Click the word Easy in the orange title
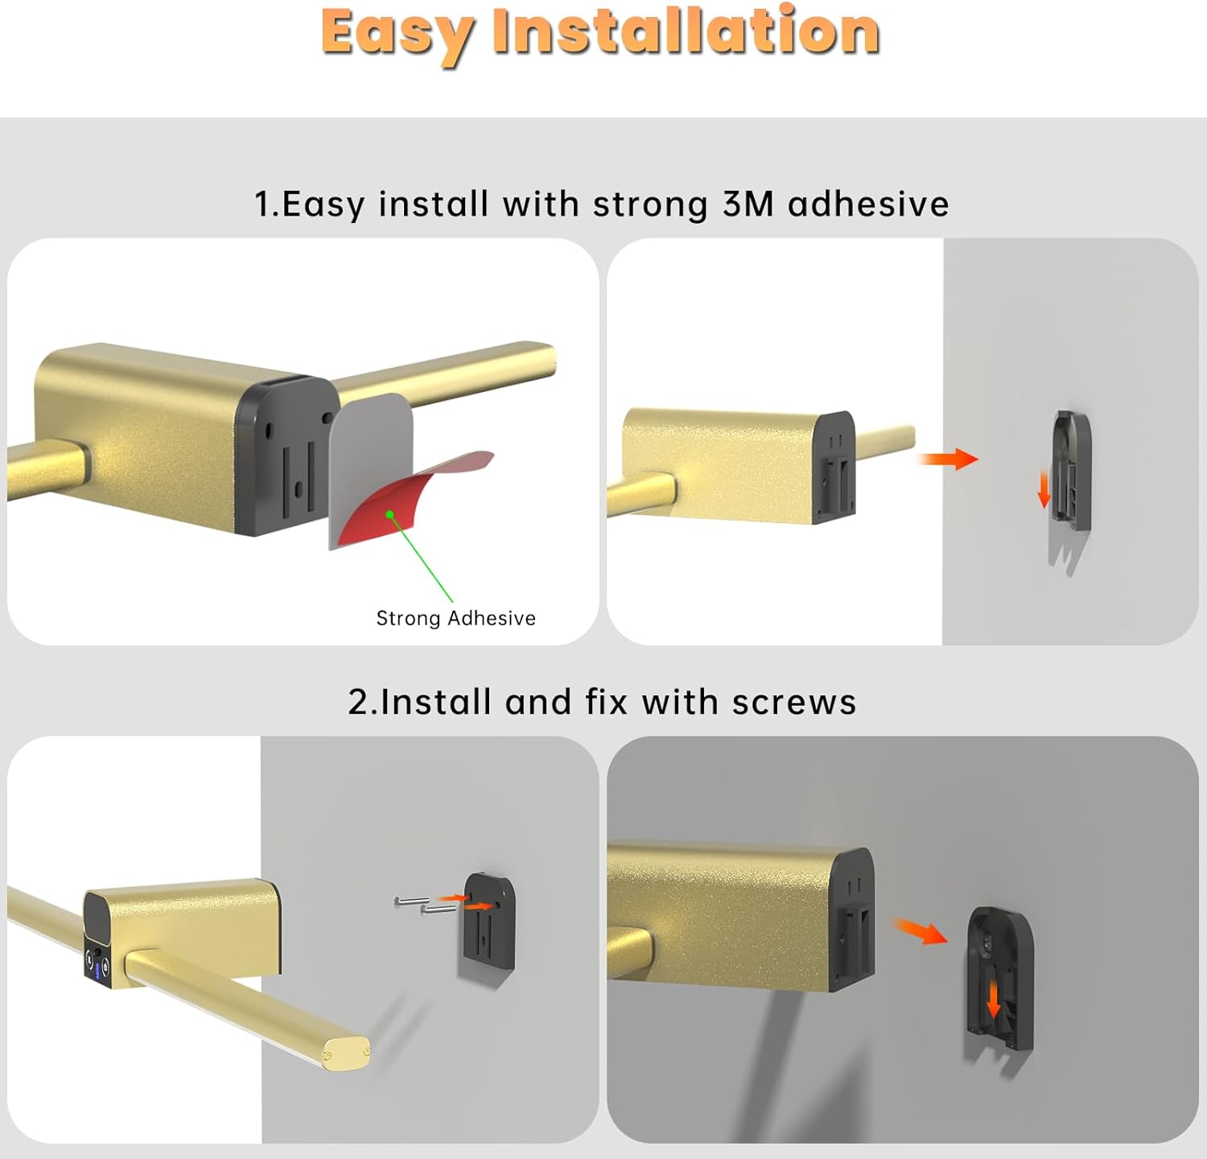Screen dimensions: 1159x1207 tap(395, 34)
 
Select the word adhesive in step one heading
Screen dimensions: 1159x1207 tap(868, 204)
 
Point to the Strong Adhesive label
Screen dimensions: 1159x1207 tap(455, 618)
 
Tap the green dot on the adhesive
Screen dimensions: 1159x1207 tap(389, 514)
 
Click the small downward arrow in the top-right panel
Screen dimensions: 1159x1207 tap(1044, 489)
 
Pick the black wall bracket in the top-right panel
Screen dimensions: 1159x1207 tap(1072, 471)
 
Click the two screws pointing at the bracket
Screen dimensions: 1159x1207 tap(422, 905)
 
